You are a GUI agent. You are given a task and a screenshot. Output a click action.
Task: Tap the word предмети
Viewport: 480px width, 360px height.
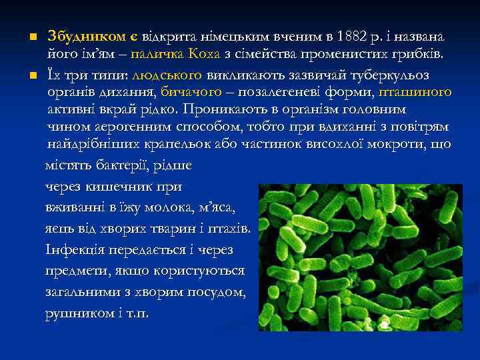[x=73, y=270]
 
